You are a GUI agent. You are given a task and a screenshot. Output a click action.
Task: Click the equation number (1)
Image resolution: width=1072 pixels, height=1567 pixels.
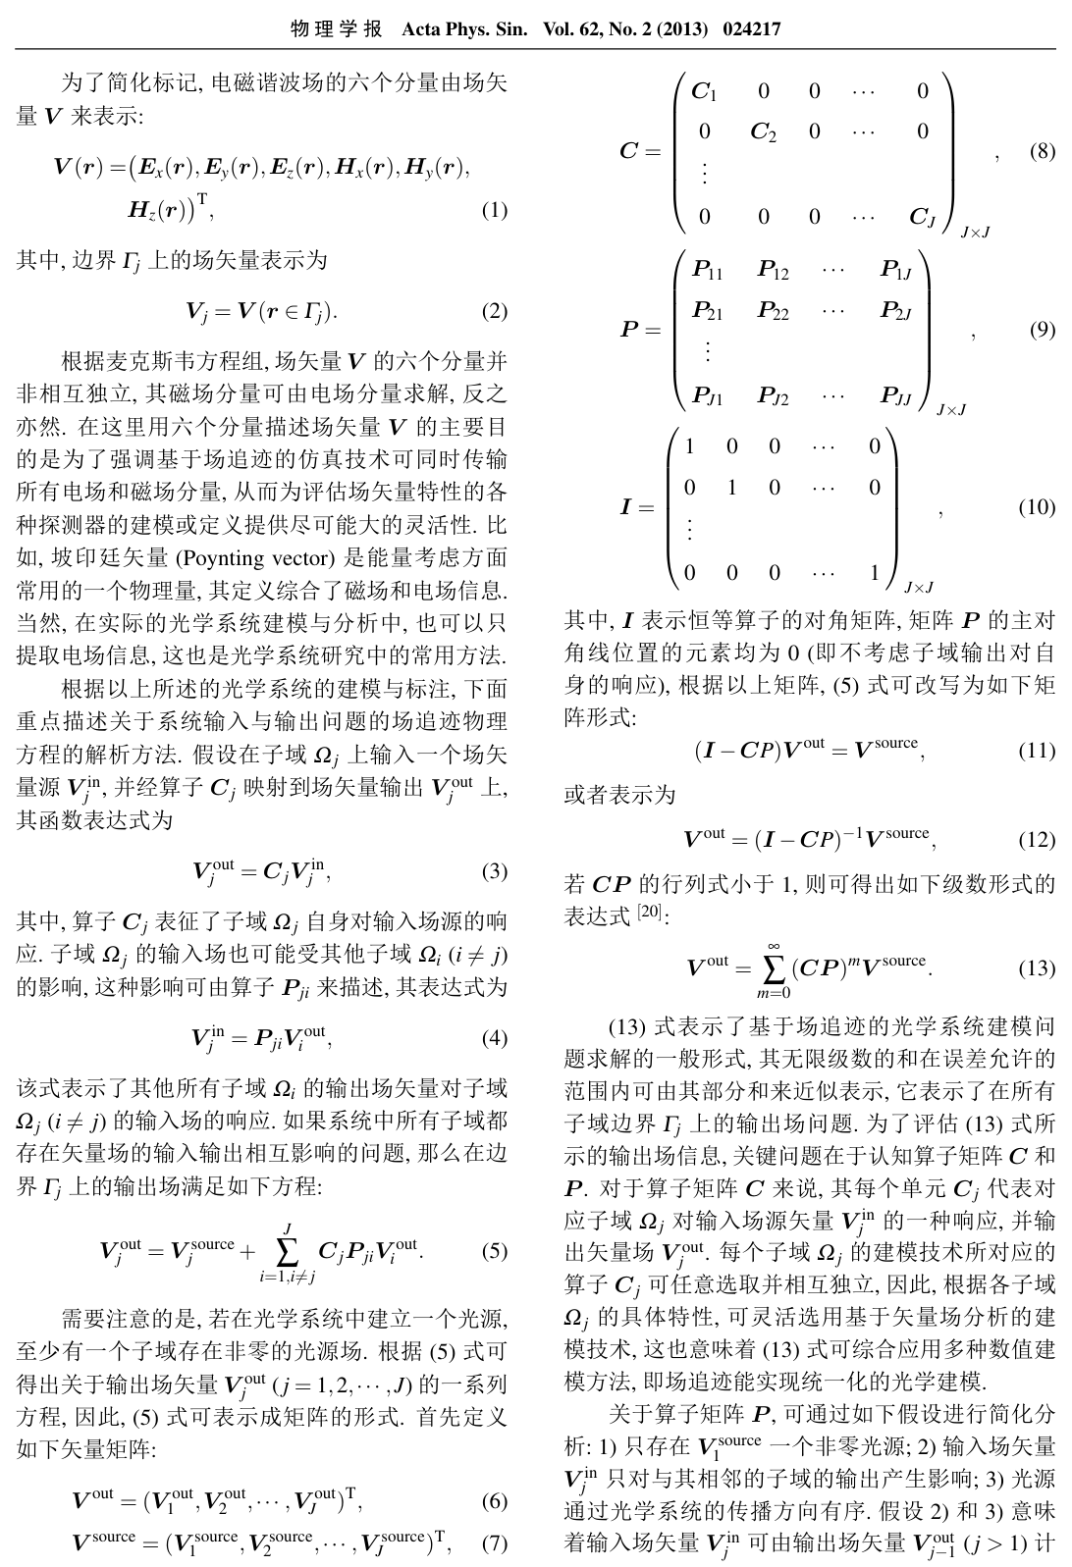click(494, 210)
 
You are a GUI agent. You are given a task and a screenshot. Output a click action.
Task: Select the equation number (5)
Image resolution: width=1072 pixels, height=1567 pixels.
click(494, 1251)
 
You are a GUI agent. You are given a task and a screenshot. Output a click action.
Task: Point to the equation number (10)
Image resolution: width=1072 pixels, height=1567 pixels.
click(1037, 507)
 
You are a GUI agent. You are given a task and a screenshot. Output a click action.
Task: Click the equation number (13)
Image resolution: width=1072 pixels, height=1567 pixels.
click(1037, 968)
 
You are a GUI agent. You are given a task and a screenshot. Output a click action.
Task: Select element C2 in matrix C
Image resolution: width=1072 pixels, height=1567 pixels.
click(763, 132)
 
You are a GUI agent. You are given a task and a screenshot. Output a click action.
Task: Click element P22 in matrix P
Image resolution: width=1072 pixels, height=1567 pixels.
click(773, 311)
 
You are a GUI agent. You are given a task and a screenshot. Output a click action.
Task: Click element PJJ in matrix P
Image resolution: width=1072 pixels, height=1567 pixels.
click(896, 395)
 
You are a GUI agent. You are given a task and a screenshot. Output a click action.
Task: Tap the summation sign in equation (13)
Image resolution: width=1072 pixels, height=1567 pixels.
click(775, 969)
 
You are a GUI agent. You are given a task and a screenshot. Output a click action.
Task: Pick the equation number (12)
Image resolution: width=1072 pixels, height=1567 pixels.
click(1037, 840)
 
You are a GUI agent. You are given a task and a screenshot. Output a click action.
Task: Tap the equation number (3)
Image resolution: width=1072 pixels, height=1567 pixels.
click(494, 871)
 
